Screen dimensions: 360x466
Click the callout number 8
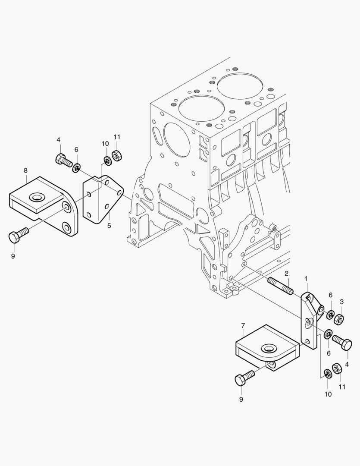[x=25, y=170]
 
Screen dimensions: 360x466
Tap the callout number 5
[x=110, y=226]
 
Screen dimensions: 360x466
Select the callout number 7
[x=243, y=326]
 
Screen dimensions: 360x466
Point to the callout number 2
[x=287, y=274]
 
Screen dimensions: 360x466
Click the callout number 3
[x=341, y=302]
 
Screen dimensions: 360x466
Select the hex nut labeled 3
[x=339, y=319]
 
